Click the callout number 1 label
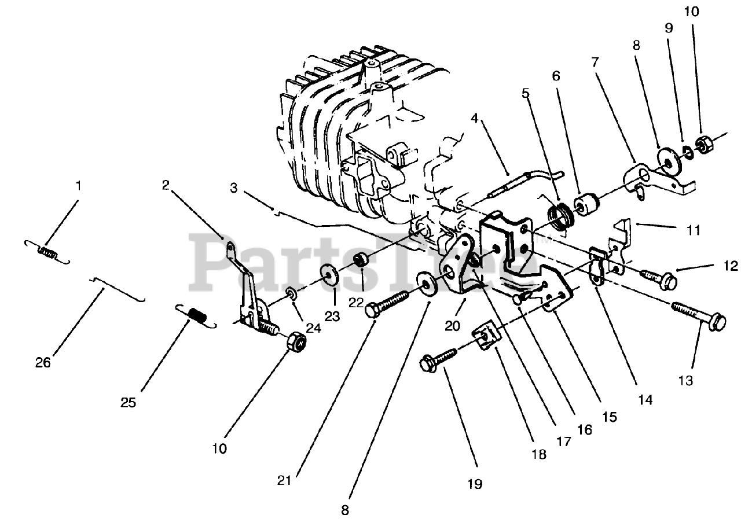pos(79,186)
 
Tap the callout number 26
pos(43,363)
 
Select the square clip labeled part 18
pos(485,336)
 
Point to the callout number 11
pos(693,230)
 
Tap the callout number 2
pos(166,186)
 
